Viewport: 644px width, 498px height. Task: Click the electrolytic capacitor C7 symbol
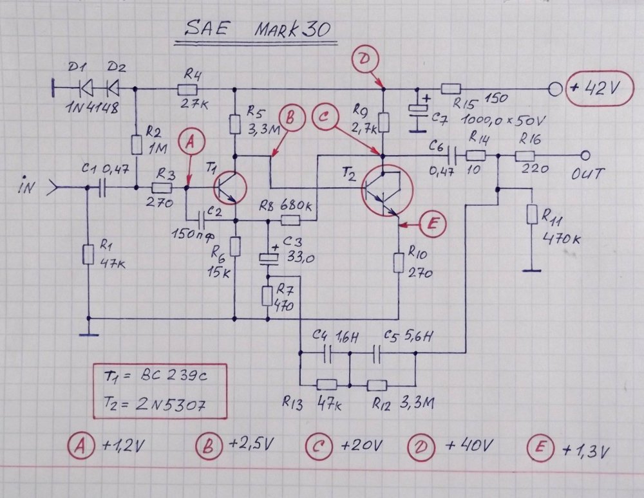click(x=419, y=109)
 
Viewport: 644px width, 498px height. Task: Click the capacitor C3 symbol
click(x=267, y=258)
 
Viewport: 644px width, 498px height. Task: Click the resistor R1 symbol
click(x=88, y=257)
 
